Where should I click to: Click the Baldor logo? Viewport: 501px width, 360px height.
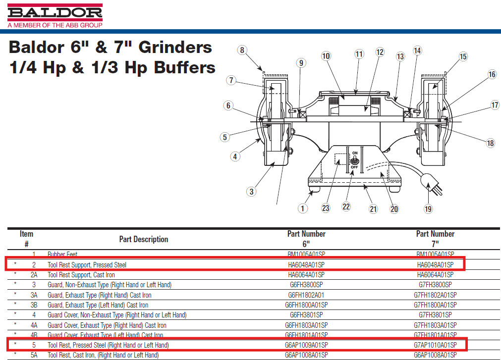tap(55, 12)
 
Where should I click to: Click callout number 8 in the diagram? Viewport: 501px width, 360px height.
tap(242, 50)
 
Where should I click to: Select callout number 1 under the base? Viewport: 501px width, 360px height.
tap(303, 208)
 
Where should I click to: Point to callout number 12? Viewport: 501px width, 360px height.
tap(380, 52)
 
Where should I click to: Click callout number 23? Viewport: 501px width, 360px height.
tap(326, 208)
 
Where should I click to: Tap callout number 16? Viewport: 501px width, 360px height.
tap(492, 74)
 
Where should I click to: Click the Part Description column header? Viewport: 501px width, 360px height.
tap(143, 239)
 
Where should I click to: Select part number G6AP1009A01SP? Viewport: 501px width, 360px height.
tap(306, 345)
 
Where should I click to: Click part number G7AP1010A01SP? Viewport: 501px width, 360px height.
tap(435, 345)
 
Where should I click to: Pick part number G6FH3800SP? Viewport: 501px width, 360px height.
tap(306, 285)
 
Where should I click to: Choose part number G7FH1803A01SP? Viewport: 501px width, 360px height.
tap(435, 325)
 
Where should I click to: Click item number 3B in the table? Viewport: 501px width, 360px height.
tap(34, 305)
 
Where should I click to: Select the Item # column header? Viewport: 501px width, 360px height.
tap(27, 239)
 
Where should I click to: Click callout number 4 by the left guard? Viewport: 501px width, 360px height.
tap(235, 156)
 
